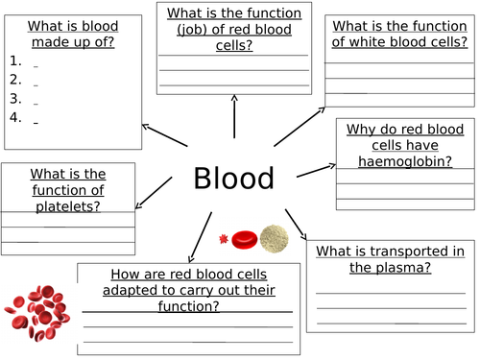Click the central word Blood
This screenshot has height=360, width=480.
234,178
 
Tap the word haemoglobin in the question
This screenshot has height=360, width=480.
391,161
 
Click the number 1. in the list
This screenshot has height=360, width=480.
14,60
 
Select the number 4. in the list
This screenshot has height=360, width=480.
14,117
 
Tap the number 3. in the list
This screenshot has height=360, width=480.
14,98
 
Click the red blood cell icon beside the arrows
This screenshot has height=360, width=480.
246,238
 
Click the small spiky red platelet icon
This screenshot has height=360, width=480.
225,238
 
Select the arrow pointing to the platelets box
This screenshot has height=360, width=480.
153,198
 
